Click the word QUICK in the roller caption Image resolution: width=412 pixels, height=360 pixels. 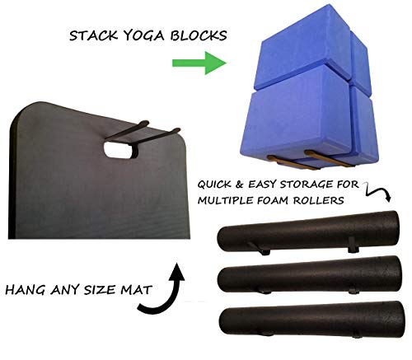[x=217, y=185]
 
